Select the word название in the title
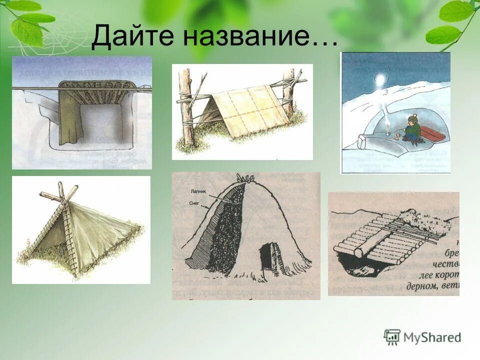(260, 36)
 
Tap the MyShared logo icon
(392, 337)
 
